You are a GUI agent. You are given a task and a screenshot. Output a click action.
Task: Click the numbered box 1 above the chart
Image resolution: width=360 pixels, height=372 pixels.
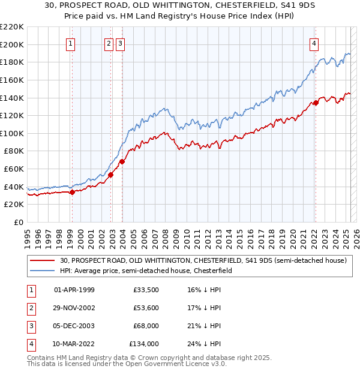click(71, 43)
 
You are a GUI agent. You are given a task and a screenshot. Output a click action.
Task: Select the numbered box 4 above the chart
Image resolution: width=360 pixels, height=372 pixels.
click(314, 43)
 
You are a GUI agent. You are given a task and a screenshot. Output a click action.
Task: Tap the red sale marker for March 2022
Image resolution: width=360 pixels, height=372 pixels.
click(316, 103)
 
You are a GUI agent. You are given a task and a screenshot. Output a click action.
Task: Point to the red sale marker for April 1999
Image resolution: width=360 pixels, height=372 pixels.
click(72, 192)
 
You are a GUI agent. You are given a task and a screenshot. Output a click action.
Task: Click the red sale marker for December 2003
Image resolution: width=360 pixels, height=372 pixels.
click(122, 161)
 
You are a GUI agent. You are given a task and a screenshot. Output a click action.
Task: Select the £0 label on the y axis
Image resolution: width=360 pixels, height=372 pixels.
click(19, 222)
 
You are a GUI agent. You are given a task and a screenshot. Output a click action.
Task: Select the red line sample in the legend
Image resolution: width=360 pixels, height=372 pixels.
click(42, 261)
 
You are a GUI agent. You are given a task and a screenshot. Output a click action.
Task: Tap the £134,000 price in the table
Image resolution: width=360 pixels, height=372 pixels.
click(144, 344)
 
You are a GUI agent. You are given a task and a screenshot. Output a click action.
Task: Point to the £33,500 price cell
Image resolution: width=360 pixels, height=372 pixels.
click(146, 290)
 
